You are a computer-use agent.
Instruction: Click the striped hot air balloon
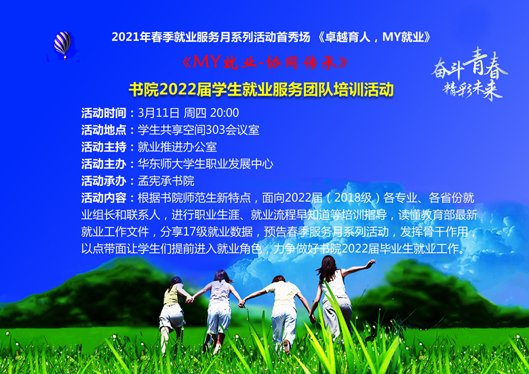tap(63, 44)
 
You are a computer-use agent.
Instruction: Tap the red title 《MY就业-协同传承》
tap(264, 62)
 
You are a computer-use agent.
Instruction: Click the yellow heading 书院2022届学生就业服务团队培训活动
tap(261, 90)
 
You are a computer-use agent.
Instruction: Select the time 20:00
tap(224, 113)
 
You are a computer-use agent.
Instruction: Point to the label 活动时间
tap(104, 113)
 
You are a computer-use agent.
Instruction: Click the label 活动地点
tap(104, 130)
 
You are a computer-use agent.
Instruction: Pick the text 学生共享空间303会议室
tap(198, 130)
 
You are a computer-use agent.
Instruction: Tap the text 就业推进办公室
tap(177, 147)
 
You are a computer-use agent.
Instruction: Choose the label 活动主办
tap(104, 164)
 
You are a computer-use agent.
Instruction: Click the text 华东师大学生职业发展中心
tap(205, 164)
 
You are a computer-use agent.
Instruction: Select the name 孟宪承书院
tap(166, 181)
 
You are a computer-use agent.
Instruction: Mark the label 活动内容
tap(104, 198)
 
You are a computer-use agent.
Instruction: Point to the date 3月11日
tap(159, 113)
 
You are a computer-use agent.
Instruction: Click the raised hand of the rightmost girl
tap(371, 263)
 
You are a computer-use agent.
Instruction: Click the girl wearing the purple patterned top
tap(219, 310)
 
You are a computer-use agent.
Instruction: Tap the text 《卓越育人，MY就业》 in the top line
tap(374, 37)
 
